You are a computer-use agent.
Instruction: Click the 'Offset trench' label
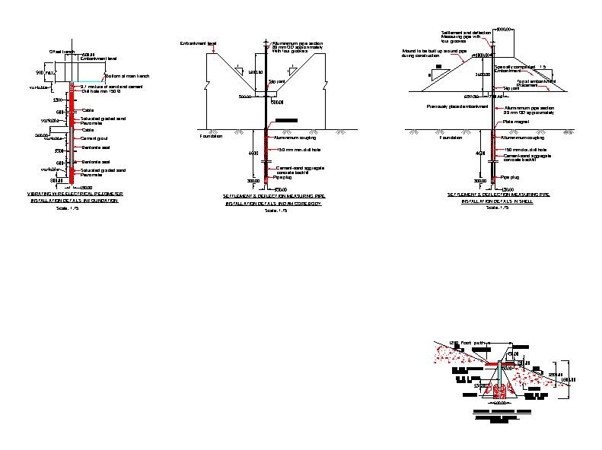(62, 52)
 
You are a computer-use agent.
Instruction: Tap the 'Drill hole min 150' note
(101, 91)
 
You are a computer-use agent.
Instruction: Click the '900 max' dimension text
(46, 73)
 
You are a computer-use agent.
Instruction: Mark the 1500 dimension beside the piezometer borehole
(59, 100)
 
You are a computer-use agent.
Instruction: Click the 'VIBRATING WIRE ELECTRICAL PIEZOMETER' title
(75, 195)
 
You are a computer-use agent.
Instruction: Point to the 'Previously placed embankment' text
(457, 106)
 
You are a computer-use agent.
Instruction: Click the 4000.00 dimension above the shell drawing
(505, 28)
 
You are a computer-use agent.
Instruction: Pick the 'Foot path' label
(473, 344)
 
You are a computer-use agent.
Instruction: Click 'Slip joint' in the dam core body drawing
(276, 80)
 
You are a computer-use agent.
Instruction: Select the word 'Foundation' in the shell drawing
(451, 138)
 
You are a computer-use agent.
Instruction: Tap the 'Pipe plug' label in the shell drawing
(510, 176)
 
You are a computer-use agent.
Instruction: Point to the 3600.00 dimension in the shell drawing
(483, 75)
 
